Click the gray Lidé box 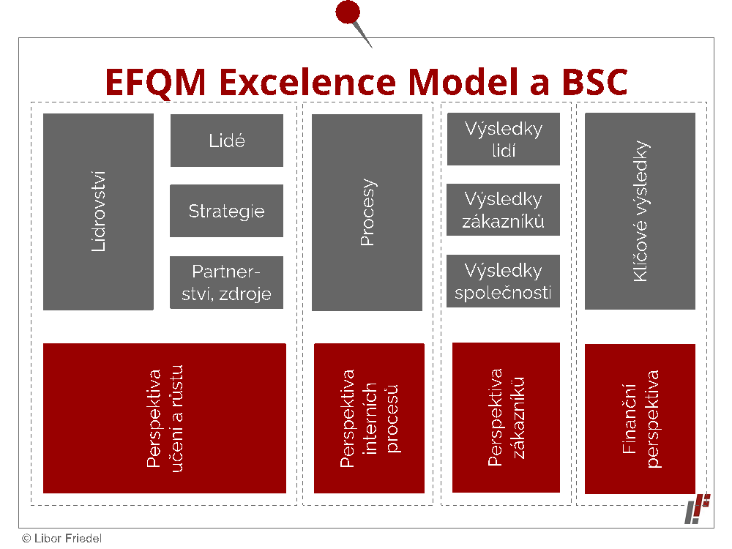(226, 141)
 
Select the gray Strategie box (226, 211)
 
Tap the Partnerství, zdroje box (226, 283)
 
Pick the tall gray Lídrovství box (99, 212)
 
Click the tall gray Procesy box (367, 212)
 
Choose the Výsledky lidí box (504, 139)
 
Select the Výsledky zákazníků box (504, 209)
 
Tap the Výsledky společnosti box (504, 281)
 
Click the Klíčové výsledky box (640, 211)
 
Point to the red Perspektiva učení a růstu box (165, 418)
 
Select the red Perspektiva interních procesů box (369, 418)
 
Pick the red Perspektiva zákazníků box (506, 418)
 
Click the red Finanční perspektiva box (640, 419)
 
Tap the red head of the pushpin (348, 12)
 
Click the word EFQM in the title (155, 83)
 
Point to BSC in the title (594, 82)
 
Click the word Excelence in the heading (307, 82)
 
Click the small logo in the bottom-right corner (698, 509)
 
